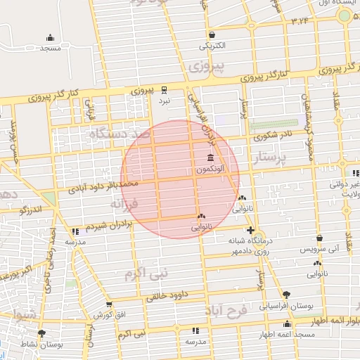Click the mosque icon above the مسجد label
50,38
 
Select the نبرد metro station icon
164,89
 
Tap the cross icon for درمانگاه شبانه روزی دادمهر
250,230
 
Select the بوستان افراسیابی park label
285,307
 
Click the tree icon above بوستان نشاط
42,333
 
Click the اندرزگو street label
32,209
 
